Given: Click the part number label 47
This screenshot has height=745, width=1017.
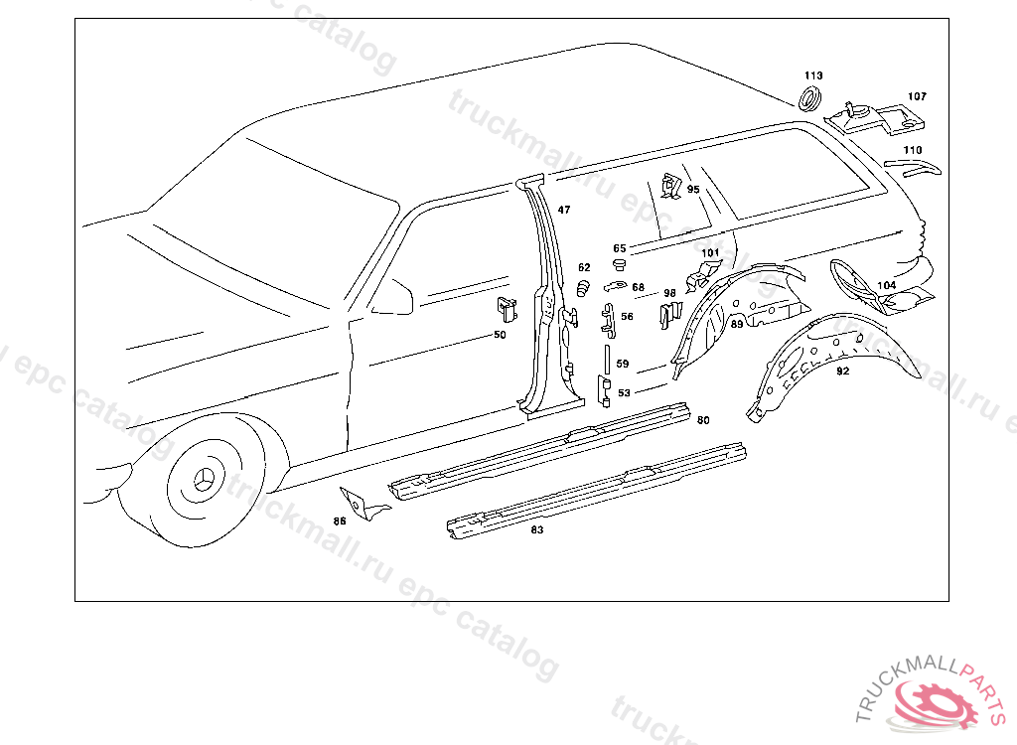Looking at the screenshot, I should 564,210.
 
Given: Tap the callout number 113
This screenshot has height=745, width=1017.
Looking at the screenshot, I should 813,76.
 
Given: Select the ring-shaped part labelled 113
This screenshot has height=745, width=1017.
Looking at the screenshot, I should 810,98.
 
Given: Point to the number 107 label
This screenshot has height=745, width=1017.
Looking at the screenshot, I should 917,96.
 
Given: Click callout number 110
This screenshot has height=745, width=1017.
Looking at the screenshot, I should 912,150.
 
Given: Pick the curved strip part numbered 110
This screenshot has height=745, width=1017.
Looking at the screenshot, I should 922,166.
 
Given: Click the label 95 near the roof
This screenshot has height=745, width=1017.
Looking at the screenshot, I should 693,189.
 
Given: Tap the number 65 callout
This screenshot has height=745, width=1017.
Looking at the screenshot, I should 620,248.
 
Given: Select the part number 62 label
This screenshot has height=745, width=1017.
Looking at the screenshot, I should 584,267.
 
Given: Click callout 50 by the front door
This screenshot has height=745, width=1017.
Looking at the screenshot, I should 500,335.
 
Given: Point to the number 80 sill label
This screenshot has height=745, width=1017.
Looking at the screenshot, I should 703,420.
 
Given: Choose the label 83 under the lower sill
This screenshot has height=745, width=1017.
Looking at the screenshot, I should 537,530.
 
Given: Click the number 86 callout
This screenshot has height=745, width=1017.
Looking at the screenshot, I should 340,521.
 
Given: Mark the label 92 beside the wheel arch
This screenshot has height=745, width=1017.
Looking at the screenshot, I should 842,372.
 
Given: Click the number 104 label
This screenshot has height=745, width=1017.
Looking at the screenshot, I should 886,285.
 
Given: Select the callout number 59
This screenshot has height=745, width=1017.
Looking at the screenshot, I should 623,365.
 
